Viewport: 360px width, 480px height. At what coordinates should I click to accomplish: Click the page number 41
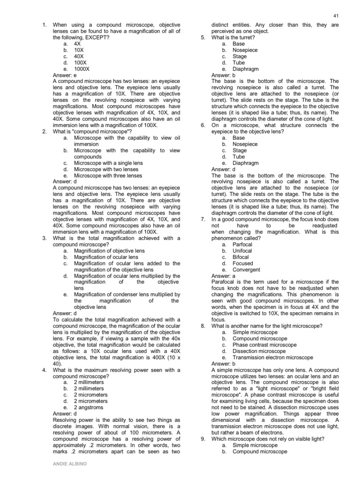(x=336, y=15)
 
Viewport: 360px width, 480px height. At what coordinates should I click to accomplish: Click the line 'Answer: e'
(x=65, y=75)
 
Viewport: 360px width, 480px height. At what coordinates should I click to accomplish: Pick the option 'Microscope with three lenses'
(x=108, y=176)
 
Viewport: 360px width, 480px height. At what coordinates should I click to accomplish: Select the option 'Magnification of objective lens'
(x=109, y=251)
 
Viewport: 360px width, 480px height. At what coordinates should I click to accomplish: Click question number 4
(x=44, y=370)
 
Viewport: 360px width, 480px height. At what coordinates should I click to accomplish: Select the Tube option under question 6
(x=239, y=157)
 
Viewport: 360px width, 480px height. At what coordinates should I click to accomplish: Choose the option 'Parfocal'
(x=242, y=245)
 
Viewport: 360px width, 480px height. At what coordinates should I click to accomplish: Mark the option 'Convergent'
(x=246, y=270)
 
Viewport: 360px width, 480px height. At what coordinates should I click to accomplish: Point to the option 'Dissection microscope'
(x=259, y=351)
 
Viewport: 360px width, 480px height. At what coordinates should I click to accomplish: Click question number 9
(x=202, y=439)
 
